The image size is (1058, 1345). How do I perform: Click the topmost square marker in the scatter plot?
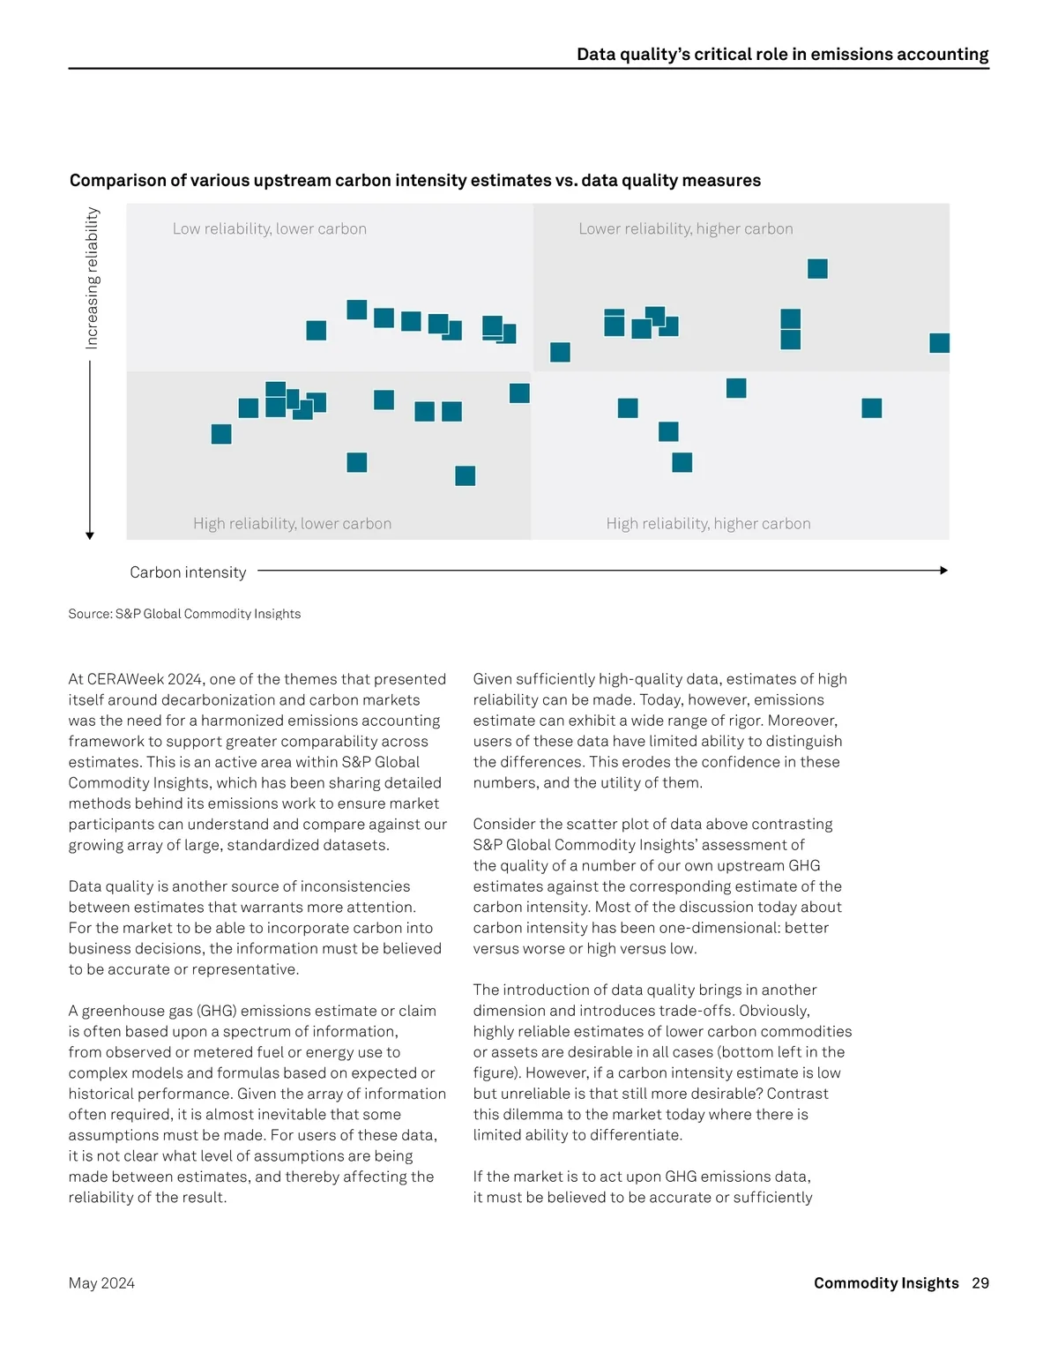coord(817,269)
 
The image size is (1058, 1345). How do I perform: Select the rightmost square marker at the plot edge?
coord(939,343)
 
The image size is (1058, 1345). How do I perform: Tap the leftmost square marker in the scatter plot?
coord(221,434)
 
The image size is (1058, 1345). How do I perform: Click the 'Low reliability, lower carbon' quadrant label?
coord(270,229)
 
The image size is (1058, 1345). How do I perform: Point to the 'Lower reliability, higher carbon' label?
coord(686,229)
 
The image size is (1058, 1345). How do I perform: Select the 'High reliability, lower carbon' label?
coord(293,524)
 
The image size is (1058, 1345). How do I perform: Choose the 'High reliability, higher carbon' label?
coord(708,524)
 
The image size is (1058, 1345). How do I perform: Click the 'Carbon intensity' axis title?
coord(188,572)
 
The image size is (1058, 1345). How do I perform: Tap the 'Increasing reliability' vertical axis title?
coord(93,278)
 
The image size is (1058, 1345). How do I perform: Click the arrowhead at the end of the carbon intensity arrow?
coord(943,571)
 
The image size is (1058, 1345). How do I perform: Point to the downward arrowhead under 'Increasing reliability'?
coord(90,535)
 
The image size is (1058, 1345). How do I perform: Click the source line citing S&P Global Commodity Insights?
coord(184,614)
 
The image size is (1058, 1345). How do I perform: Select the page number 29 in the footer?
coord(980,1283)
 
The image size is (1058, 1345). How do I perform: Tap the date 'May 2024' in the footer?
coord(101,1283)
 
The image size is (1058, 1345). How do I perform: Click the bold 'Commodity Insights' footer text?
coord(886,1283)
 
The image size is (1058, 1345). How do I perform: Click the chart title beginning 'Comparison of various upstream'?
coord(415,181)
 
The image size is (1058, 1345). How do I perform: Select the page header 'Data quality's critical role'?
coord(782,55)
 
